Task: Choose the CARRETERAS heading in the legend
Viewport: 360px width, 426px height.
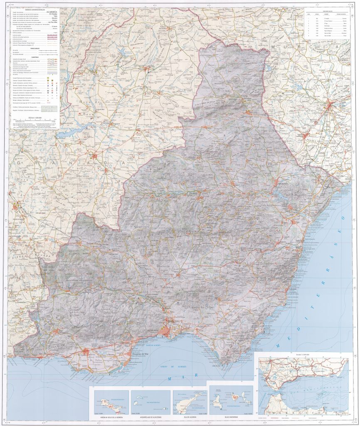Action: (33, 57)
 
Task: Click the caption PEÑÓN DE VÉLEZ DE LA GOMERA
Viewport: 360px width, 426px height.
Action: (109, 416)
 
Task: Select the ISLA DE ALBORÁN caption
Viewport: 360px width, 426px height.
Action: (190, 416)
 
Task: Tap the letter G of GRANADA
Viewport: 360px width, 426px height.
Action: (21, 163)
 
